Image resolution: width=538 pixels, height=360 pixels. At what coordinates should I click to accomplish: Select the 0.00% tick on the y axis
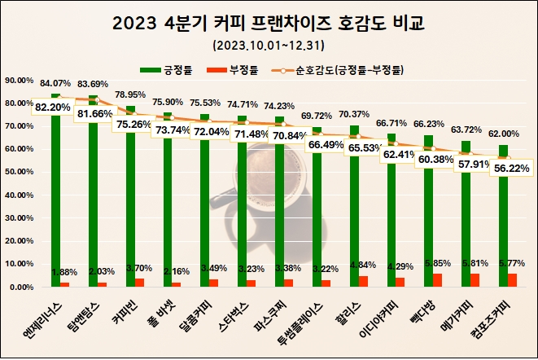[20, 288]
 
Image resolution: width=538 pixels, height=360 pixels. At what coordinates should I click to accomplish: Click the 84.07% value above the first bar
[55, 83]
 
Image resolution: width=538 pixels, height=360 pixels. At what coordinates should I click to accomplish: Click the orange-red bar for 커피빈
[139, 283]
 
